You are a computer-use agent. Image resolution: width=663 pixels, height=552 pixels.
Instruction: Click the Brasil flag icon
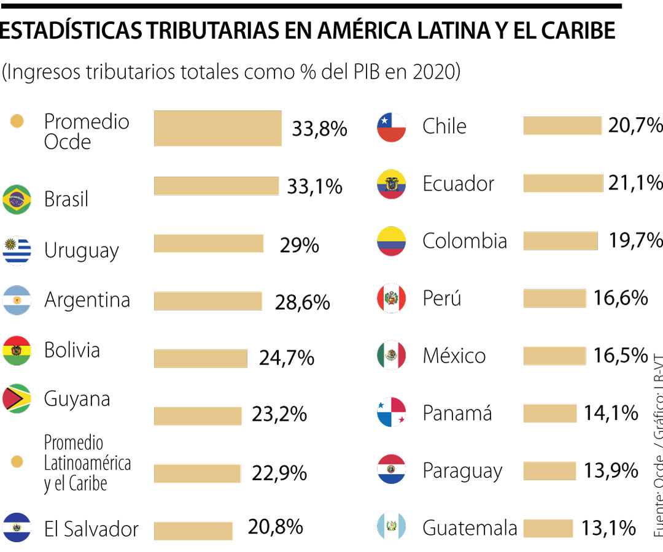click(17, 199)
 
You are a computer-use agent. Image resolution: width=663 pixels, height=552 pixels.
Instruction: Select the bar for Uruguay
click(208, 243)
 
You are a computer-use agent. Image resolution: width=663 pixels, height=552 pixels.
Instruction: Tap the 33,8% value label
click(319, 129)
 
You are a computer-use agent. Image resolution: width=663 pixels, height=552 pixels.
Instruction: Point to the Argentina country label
click(87, 300)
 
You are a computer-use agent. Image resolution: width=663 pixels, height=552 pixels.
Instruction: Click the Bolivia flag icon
click(17, 351)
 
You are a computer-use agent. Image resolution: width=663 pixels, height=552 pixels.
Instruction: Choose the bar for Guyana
click(198, 416)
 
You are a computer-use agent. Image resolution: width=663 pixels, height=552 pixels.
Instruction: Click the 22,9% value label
click(279, 473)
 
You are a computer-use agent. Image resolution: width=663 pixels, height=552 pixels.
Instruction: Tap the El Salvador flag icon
click(17, 527)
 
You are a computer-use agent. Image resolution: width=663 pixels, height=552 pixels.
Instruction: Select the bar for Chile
click(562, 126)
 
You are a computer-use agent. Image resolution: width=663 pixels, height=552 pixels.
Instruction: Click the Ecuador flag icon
click(392, 184)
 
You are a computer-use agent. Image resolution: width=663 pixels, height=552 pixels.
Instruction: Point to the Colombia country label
click(465, 241)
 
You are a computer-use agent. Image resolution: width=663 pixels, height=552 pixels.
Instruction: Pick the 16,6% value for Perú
click(621, 298)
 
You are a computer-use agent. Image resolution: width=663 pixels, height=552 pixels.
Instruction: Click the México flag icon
click(392, 356)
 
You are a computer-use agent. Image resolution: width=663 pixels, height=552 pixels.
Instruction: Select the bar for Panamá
click(549, 413)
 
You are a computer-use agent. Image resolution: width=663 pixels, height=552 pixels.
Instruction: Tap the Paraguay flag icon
click(392, 470)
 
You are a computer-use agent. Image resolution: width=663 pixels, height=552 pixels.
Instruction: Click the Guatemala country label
click(470, 527)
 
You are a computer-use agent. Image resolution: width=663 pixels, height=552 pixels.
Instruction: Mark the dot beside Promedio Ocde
click(17, 121)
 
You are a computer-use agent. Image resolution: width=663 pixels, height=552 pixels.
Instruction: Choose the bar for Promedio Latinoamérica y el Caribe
click(197, 473)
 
